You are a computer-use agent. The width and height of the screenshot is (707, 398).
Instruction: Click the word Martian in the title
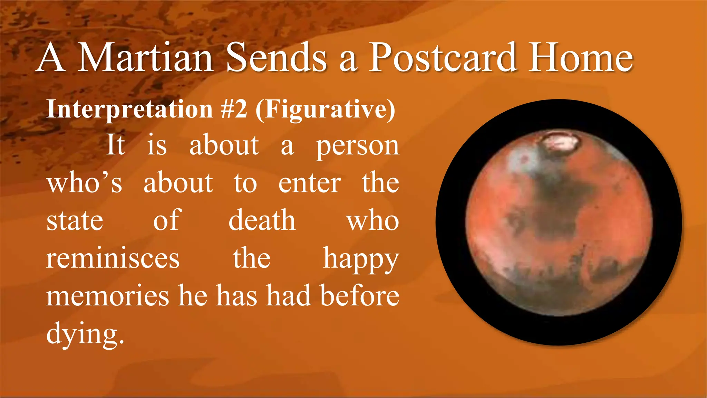pos(145,57)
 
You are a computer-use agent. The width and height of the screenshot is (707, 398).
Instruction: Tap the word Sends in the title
pos(276,57)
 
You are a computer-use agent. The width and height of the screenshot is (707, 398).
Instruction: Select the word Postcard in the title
pos(443,57)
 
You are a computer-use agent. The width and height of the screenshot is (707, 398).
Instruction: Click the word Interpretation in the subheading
pos(129,109)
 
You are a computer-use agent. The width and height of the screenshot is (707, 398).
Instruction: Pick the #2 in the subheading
pos(234,109)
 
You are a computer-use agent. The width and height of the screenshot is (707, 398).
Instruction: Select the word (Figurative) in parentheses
pos(325,109)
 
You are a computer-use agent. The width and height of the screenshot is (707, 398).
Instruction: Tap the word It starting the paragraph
pos(115,145)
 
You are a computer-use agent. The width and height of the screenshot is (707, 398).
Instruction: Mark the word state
pos(75,221)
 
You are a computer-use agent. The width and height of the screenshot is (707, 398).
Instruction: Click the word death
pos(262,220)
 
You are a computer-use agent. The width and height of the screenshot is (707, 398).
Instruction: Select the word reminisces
pos(113,258)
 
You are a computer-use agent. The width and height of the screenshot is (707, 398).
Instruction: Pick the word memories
pos(108,296)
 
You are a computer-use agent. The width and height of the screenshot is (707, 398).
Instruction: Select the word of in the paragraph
pos(167,220)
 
